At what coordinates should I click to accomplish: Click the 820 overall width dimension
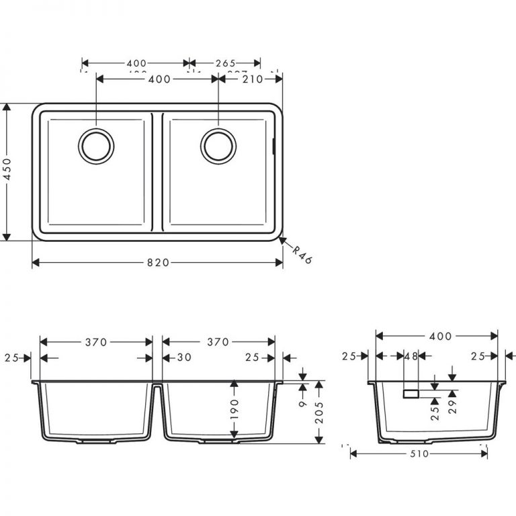[157, 263]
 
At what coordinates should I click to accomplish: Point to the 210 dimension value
[252, 79]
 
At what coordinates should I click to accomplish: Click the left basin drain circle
[96, 144]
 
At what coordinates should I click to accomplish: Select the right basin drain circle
[219, 144]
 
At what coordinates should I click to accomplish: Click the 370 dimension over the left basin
[96, 342]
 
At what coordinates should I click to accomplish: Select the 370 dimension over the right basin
[219, 342]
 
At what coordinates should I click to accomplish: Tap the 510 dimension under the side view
[419, 454]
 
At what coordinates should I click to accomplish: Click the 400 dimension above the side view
[435, 336]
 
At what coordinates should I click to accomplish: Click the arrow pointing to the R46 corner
[283, 239]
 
